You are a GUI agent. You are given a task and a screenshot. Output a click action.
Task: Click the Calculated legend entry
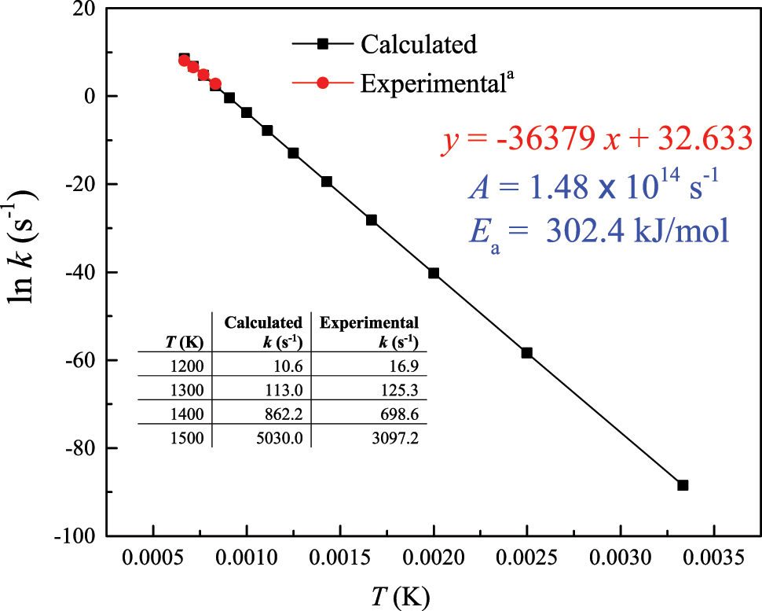[x=418, y=44]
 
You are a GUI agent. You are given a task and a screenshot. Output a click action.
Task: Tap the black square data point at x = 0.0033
[x=683, y=485]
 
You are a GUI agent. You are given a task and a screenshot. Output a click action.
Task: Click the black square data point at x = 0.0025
[x=527, y=353]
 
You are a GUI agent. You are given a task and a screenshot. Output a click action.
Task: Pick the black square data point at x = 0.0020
[x=434, y=273]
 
